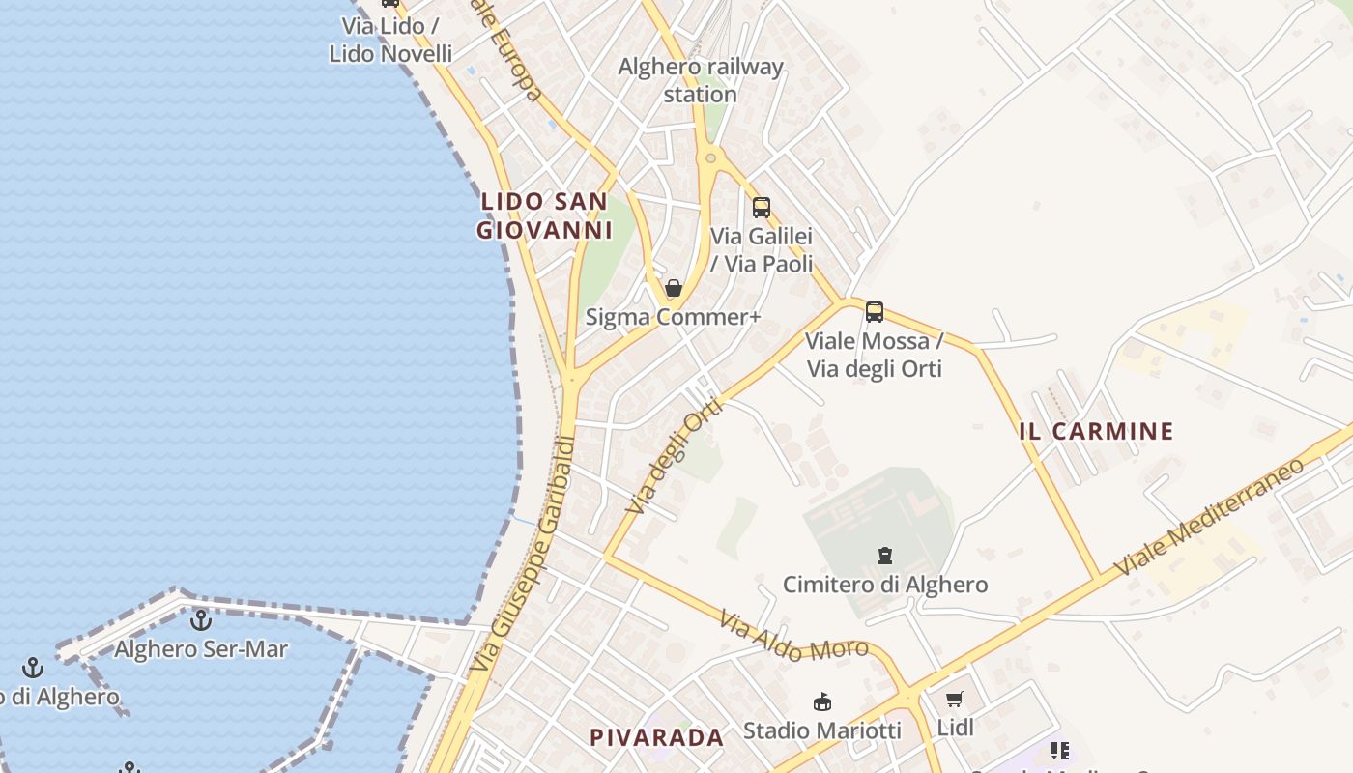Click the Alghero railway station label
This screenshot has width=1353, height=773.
click(701, 80)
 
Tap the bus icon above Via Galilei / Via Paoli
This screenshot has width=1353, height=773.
click(762, 207)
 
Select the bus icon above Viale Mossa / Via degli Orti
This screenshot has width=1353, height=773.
click(875, 312)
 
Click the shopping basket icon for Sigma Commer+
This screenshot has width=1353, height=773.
click(674, 288)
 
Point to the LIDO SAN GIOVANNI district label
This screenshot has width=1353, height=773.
click(545, 215)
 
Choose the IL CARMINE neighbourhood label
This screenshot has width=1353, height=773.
click(1096, 431)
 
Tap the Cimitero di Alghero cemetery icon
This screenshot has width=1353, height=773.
click(884, 556)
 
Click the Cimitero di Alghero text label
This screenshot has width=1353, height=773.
click(885, 585)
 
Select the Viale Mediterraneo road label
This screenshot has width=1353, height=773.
click(1209, 517)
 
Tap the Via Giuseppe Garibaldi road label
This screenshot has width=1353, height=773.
click(523, 556)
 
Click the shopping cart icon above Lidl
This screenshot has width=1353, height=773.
click(955, 700)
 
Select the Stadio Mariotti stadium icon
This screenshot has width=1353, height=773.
click(822, 701)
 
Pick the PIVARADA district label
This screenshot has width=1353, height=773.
click(656, 738)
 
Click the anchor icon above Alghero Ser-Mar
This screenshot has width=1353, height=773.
click(201, 620)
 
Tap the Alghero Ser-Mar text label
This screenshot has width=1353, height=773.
click(201, 649)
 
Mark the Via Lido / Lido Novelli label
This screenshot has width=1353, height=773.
click(390, 40)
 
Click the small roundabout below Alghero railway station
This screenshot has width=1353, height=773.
click(711, 157)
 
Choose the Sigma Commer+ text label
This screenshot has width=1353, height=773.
click(674, 317)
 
